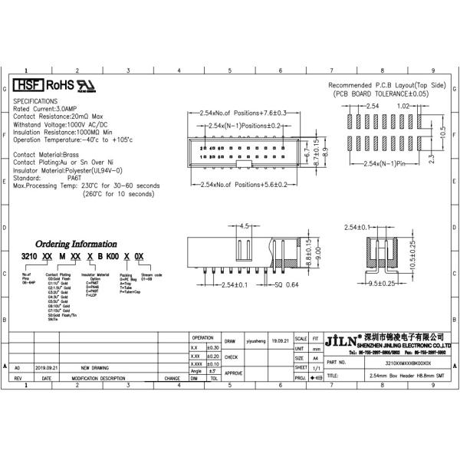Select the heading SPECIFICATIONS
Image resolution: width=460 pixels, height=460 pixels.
click(x=36, y=101)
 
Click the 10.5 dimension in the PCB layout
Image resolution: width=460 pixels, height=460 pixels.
click(x=442, y=131)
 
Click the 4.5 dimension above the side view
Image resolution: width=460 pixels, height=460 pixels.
click(x=245, y=227)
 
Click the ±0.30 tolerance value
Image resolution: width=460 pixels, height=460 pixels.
click(x=214, y=347)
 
